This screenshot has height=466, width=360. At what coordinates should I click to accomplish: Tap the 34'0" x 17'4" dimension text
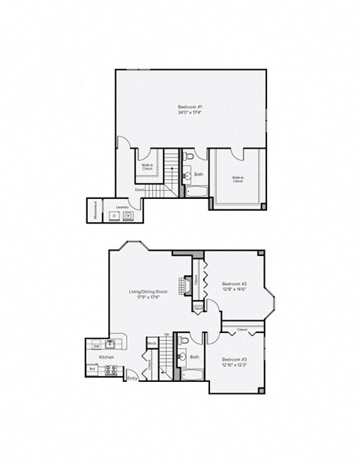tap(190, 113)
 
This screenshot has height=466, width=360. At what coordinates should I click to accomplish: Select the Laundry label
tap(121, 206)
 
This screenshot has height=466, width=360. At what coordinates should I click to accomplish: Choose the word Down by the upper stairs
tap(140, 191)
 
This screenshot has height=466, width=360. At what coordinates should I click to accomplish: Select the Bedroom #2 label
tap(235, 283)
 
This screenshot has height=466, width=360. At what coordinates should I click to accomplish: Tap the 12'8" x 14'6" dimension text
tap(235, 290)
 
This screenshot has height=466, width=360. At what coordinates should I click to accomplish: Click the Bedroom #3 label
tap(235, 362)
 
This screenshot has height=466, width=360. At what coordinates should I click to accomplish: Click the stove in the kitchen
tap(109, 368)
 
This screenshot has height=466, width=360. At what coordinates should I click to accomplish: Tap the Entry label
tap(132, 378)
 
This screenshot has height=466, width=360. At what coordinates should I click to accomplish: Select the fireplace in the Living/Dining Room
tap(182, 287)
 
